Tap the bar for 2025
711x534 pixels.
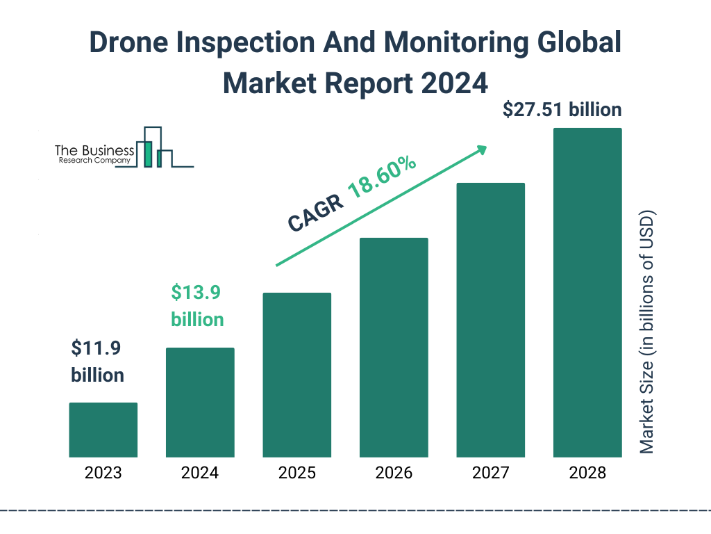click(296, 375)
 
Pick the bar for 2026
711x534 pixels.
click(394, 348)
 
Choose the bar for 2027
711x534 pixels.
click(490, 320)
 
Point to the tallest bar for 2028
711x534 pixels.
click(587, 292)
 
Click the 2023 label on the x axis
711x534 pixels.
click(103, 474)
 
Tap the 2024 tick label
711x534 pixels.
click(200, 474)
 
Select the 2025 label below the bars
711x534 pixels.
click(296, 474)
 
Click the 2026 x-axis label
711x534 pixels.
click(394, 474)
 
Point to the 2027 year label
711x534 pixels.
click(490, 474)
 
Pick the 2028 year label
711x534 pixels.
click(587, 474)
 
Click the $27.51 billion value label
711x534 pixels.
click(562, 110)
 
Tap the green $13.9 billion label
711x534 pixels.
click(197, 306)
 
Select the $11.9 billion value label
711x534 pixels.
click(98, 362)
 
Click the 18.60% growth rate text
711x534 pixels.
click(381, 178)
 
